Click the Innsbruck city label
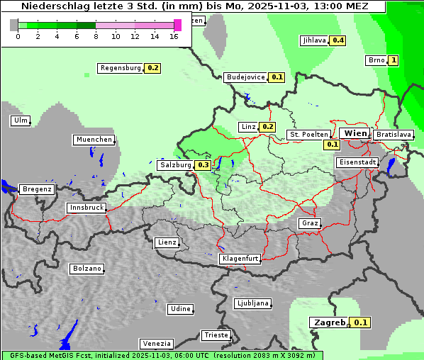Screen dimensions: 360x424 click(87, 208)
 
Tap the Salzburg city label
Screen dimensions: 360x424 click(175, 165)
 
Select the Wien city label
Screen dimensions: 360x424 click(355, 133)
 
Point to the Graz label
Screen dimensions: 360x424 click(310, 223)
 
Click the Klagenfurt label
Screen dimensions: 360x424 click(240, 259)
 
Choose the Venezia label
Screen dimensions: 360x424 click(156, 344)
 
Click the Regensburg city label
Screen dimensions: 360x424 click(121, 68)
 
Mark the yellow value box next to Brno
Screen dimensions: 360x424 click(394, 60)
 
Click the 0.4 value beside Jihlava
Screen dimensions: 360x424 click(338, 40)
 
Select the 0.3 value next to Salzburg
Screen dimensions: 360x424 click(203, 165)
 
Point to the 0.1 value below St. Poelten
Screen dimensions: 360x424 click(333, 145)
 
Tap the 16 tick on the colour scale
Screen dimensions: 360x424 click(174, 36)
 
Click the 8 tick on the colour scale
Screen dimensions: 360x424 click(96, 36)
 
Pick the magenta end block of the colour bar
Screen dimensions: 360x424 click(177, 25)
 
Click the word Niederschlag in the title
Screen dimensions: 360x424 click(50, 6)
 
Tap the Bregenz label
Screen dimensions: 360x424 click(37, 189)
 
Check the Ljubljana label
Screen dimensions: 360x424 click(252, 303)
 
